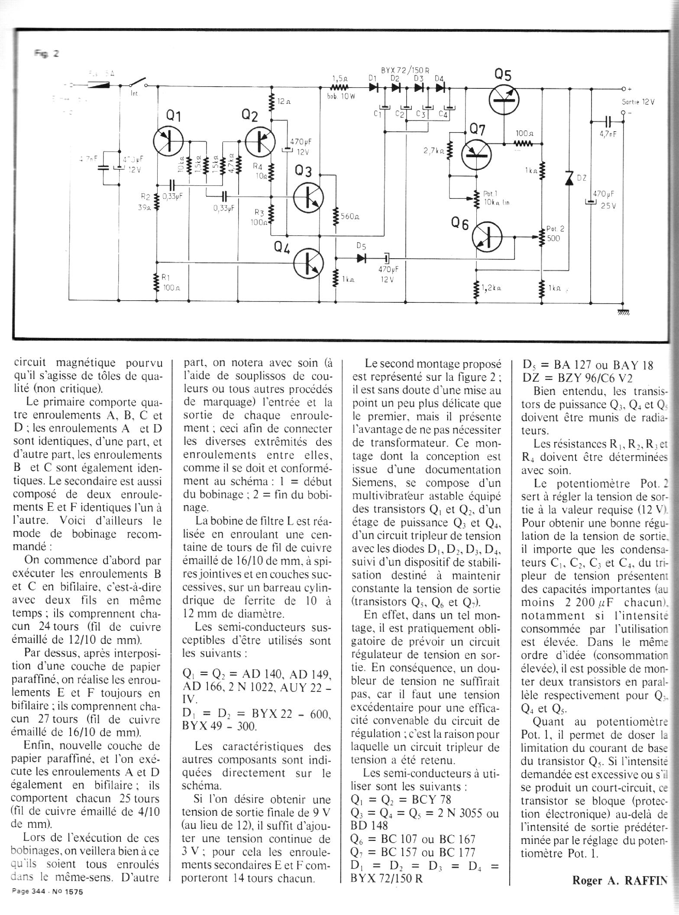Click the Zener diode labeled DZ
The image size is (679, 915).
click(x=569, y=178)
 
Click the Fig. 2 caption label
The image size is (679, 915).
click(x=48, y=54)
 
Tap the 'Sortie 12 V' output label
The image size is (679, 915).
click(x=638, y=102)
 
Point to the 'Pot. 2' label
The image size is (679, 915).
click(x=555, y=229)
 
